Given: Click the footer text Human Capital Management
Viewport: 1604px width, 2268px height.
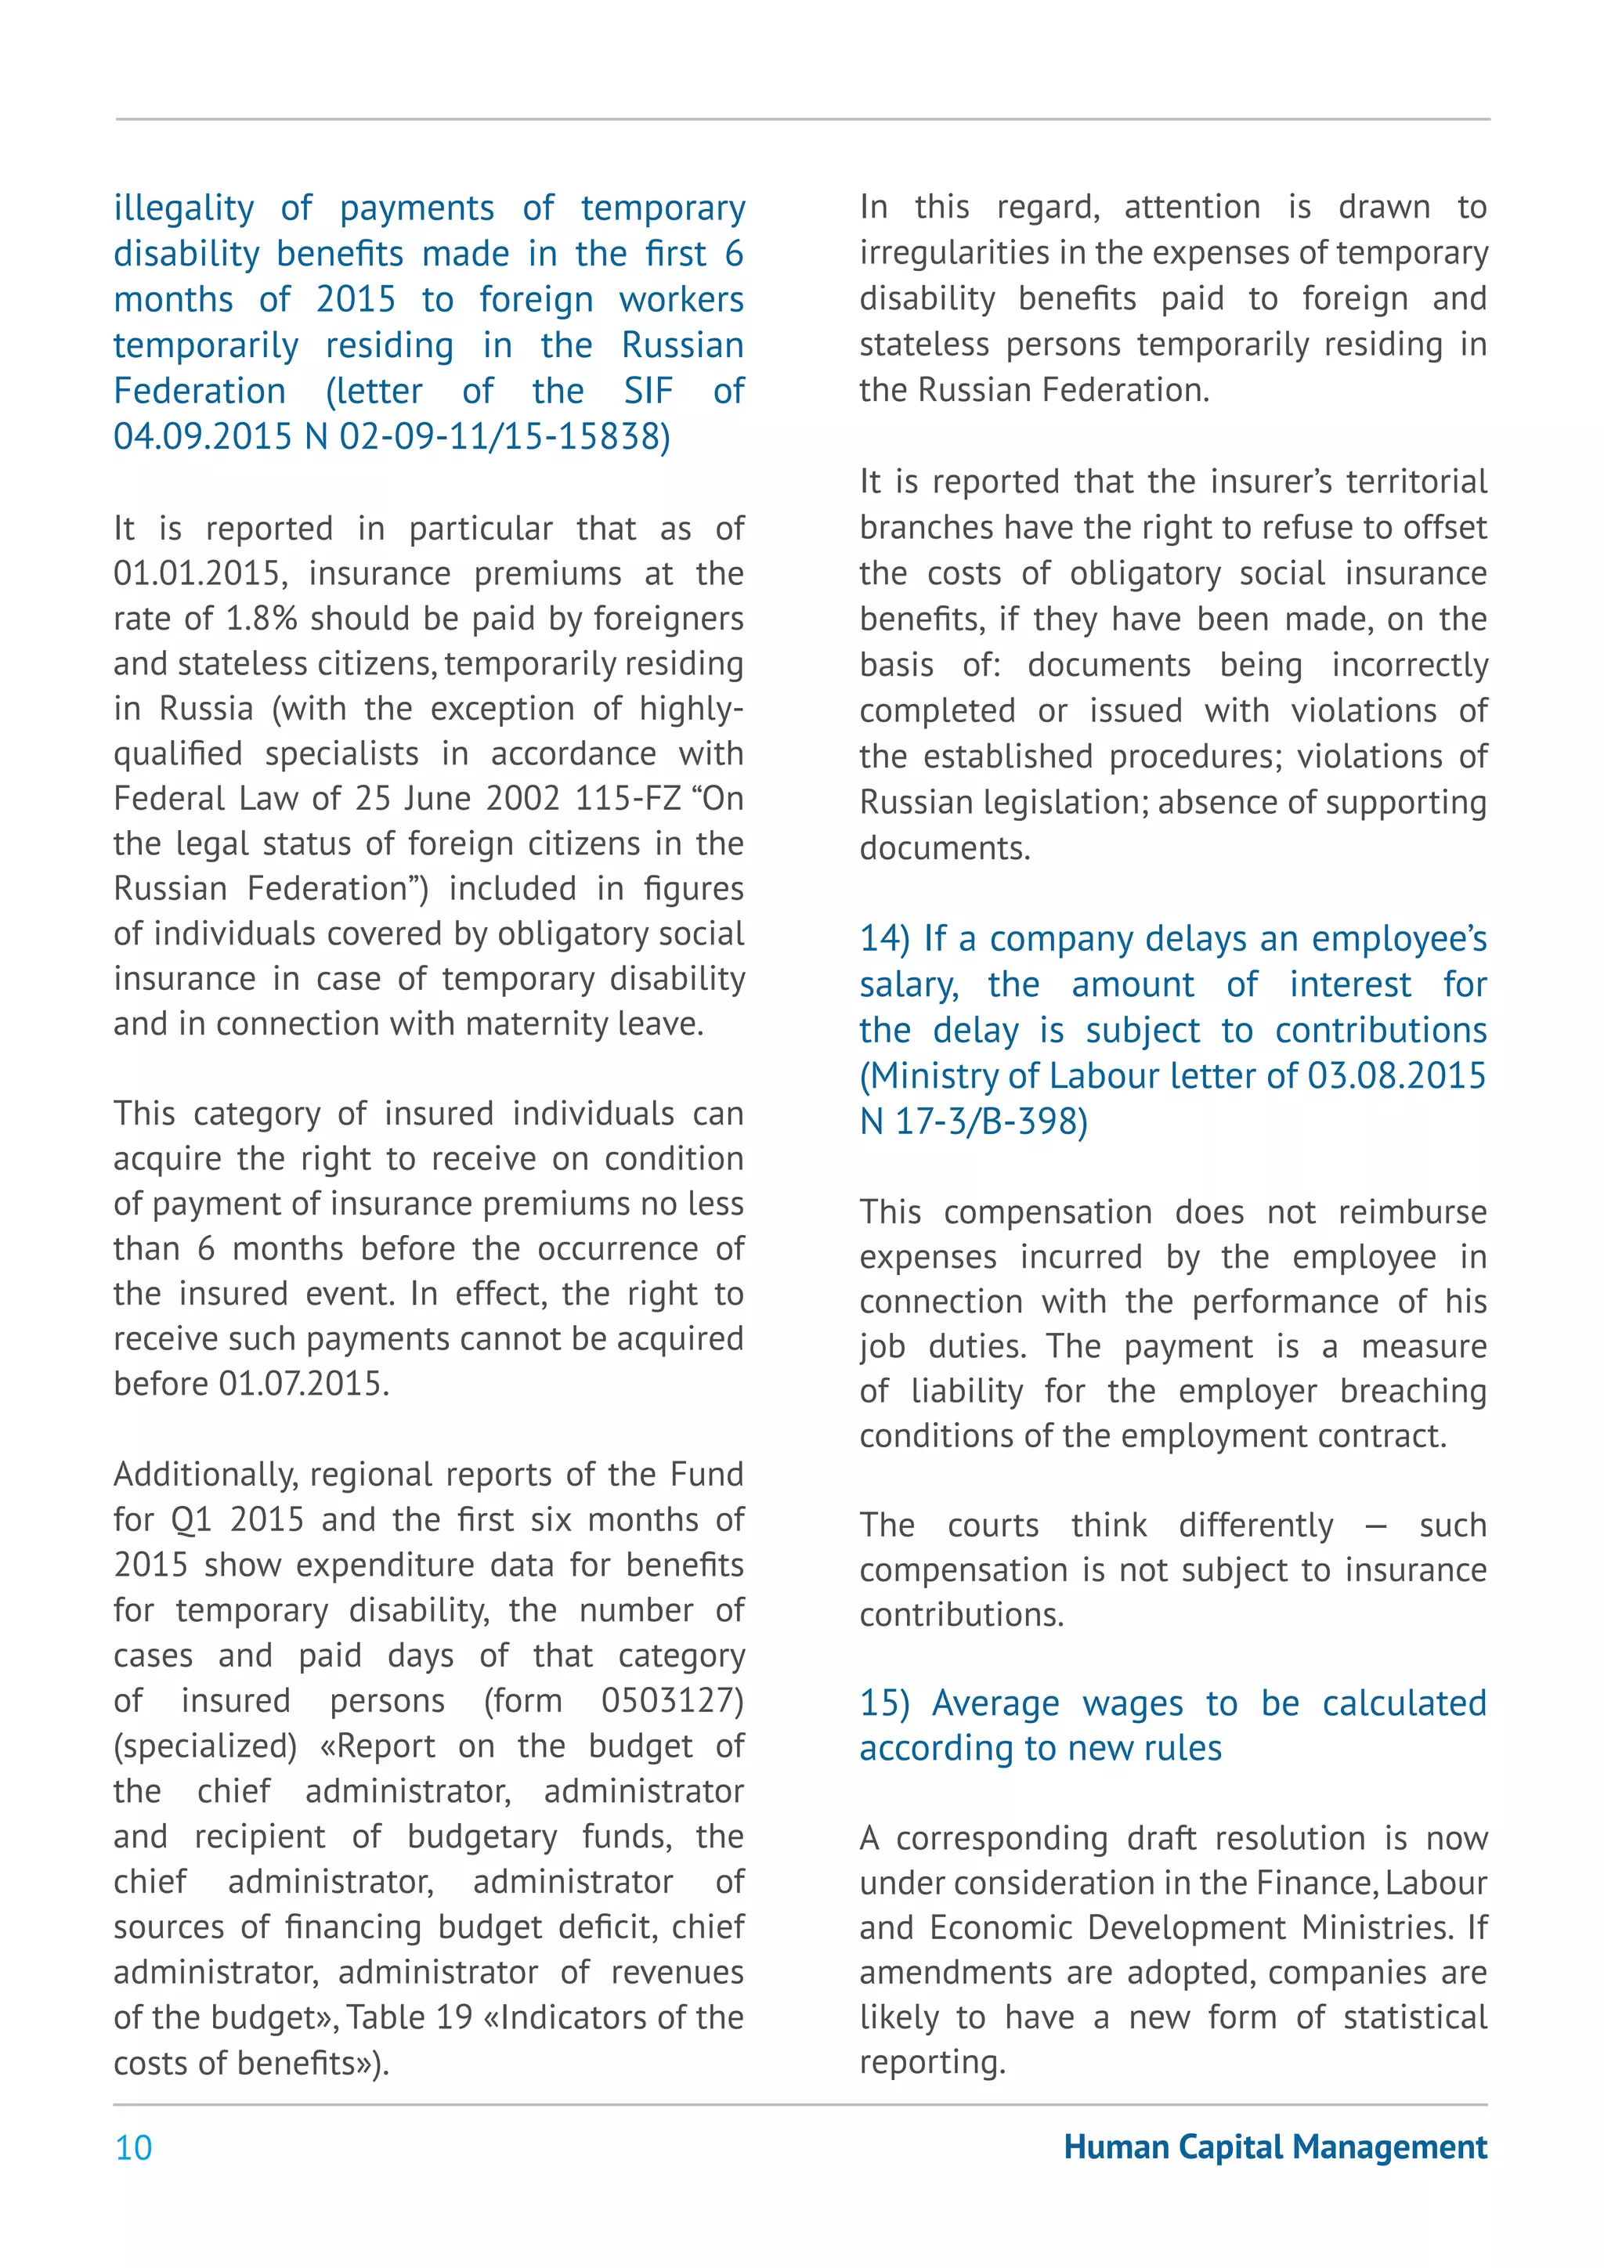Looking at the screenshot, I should point(1275,2147).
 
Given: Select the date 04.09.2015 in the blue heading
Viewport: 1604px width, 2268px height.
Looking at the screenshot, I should point(203,437).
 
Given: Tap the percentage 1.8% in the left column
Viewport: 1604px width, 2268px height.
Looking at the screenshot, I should point(262,619).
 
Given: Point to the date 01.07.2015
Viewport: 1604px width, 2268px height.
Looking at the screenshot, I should point(303,1383).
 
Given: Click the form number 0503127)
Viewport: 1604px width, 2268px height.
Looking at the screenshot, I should point(672,1700).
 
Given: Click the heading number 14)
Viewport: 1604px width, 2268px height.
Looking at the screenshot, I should point(885,938).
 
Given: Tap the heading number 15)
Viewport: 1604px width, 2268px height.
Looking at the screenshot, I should point(885,1703).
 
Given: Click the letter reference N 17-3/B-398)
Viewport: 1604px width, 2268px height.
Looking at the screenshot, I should point(974,1121).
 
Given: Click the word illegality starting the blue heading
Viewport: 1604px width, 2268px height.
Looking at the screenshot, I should point(184,208).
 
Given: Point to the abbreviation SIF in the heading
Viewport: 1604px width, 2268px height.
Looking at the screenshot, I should point(648,391).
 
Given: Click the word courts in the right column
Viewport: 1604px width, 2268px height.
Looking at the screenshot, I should point(992,1525).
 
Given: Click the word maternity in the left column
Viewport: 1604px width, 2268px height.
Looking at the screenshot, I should point(533,1024).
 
